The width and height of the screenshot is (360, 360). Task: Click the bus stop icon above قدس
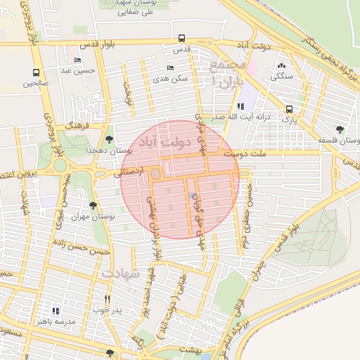[x=182, y=39]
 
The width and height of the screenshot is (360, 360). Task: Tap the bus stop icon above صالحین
[x=36, y=72]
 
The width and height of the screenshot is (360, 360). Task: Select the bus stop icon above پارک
[x=290, y=110]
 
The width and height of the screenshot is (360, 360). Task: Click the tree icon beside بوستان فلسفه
[x=340, y=129]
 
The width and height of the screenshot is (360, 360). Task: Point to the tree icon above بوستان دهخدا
[x=108, y=139]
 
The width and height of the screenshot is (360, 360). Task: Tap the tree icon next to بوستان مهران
[x=93, y=205]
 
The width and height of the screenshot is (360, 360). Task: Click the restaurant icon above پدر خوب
[x=107, y=298]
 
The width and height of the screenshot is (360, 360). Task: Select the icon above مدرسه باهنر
[x=56, y=310]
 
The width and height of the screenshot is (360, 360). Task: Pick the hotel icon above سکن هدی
[x=172, y=68]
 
